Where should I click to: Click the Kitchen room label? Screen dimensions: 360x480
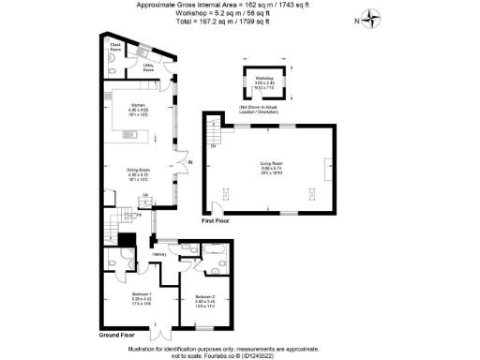point(138,105)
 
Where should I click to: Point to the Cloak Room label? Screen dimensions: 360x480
point(115,45)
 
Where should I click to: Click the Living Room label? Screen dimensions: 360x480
point(271,163)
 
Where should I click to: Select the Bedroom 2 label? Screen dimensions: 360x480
point(204,299)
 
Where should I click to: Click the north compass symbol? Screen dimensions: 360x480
point(374,20)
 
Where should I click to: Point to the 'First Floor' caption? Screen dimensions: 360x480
point(216,222)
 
